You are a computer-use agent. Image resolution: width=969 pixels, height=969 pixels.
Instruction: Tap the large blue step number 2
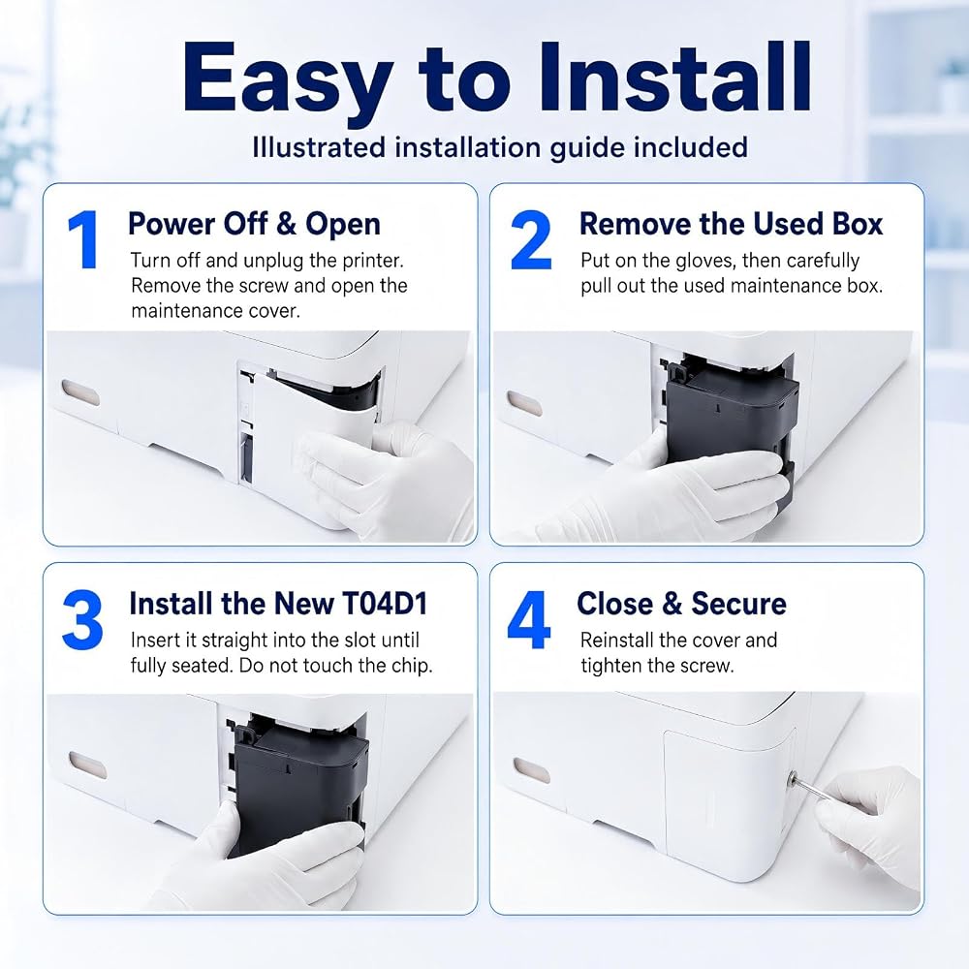click(531, 239)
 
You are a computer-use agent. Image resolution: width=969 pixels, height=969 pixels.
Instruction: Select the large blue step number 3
click(82, 620)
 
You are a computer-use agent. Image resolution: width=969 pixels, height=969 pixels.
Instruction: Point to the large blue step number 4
click(529, 620)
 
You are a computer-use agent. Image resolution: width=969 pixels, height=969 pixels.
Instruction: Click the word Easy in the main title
click(289, 79)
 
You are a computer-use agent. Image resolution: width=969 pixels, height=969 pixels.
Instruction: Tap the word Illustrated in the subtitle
click(320, 147)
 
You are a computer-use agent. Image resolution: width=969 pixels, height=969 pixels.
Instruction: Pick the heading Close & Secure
click(681, 603)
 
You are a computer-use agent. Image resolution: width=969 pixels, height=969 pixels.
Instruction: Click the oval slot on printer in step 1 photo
click(80, 393)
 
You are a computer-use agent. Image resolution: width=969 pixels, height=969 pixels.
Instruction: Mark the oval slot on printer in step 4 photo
click(531, 770)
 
